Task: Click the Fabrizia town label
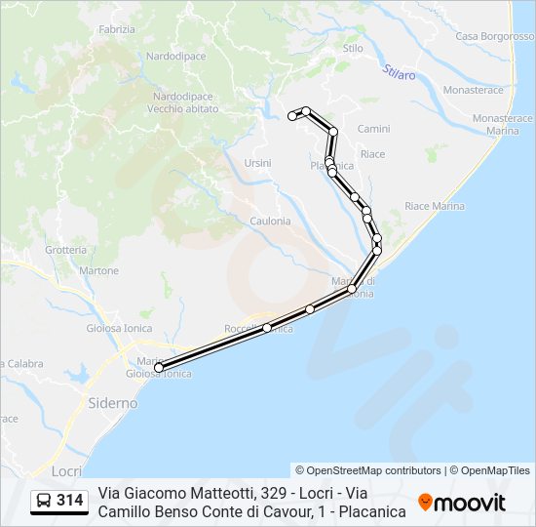pos(117,30)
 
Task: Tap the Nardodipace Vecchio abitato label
pos(185,102)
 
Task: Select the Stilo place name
pos(353,47)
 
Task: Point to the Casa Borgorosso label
pos(494,36)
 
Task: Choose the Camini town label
pos(373,129)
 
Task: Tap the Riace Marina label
pos(435,206)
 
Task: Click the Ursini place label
pos(258,163)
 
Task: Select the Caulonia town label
pos(270,221)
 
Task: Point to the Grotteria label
pos(65,250)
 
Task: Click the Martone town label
pos(98,270)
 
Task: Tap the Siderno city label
pos(112,402)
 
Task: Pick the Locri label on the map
pos(66,470)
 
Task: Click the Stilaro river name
pos(400,73)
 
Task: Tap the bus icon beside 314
pos(44,502)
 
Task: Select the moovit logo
pos(462,503)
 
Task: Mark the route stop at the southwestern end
pos(159,368)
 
